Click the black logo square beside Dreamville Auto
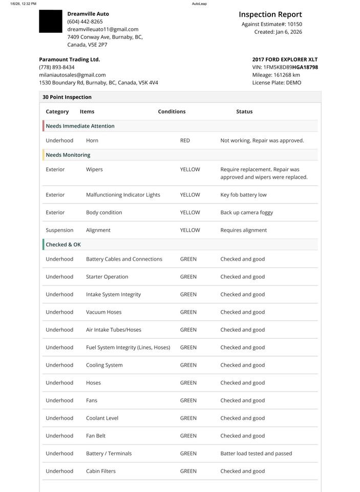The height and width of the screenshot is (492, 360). point(50,22)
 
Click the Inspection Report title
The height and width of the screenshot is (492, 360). point(270,15)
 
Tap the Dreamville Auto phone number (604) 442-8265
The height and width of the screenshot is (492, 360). point(85,22)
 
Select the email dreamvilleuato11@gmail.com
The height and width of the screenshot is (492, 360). point(102,29)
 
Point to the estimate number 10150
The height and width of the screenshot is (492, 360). point(294,24)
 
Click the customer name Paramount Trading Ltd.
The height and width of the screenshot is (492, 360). point(69,59)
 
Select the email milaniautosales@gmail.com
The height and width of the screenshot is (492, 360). point(72,75)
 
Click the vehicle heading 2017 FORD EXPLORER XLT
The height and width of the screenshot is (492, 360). point(285,59)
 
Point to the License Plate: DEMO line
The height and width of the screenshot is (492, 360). point(277,83)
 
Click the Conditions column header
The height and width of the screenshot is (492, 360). point(172,112)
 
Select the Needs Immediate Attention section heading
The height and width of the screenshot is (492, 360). point(80,126)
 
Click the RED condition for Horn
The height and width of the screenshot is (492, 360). point(185,140)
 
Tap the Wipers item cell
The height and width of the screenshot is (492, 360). point(94,170)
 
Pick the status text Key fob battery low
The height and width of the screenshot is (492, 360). point(243,195)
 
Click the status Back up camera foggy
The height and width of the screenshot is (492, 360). point(246,213)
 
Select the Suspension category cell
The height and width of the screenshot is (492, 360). point(59,231)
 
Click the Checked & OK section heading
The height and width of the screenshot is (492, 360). point(63,245)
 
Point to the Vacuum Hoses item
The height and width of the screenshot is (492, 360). point(103,312)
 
